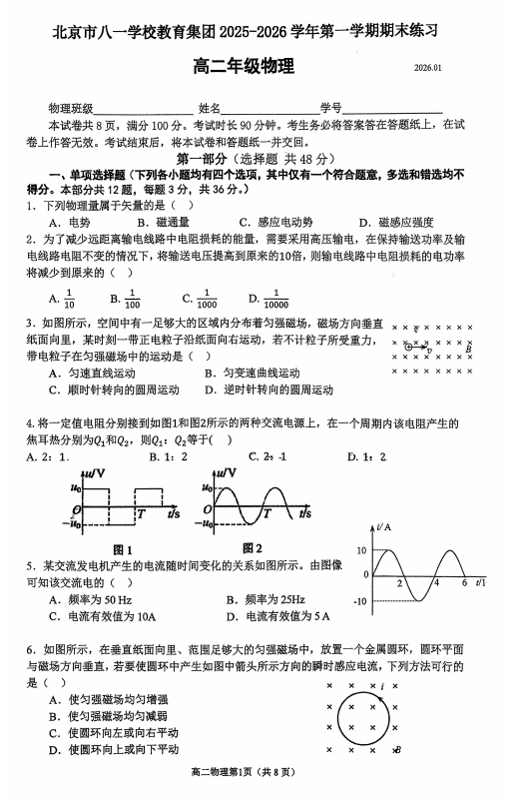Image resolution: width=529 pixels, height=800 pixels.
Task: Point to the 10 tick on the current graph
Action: pos(362,550)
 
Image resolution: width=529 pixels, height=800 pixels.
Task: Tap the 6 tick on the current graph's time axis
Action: pos(464,583)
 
